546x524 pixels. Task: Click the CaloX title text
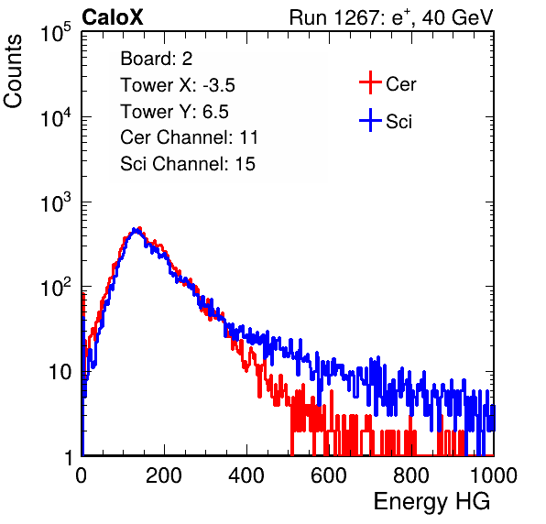click(x=112, y=17)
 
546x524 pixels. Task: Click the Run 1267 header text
click(x=391, y=17)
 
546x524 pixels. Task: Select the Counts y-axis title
click(x=13, y=71)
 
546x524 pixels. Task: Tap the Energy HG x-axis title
click(x=431, y=502)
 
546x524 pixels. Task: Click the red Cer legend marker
click(x=370, y=82)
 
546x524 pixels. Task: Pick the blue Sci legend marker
click(x=370, y=120)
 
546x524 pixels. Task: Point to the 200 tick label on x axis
click(x=164, y=475)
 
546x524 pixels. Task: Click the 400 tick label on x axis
click(x=246, y=475)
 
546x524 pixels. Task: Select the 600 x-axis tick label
click(x=329, y=475)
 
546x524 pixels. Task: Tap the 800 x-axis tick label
click(x=411, y=475)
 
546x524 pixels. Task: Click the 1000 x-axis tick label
click(x=494, y=475)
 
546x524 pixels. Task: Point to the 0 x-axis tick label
click(x=82, y=475)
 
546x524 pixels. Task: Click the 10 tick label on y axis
click(x=60, y=372)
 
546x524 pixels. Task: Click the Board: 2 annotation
click(x=157, y=59)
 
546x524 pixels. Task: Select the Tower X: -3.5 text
click(x=178, y=85)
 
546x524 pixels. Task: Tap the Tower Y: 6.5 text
click(x=174, y=112)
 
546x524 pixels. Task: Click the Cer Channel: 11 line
click(x=189, y=137)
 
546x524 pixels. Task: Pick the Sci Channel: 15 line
click(x=188, y=164)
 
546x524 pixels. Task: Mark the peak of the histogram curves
click(x=136, y=230)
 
